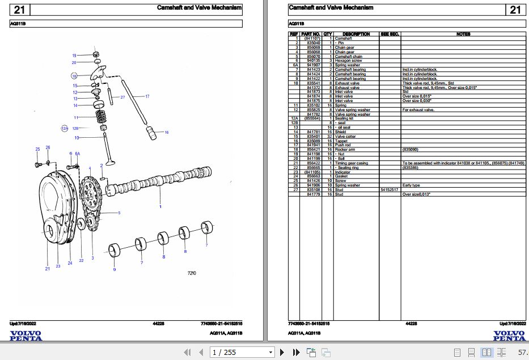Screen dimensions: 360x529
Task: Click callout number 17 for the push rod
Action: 147,96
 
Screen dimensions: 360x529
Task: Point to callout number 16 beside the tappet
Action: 167,133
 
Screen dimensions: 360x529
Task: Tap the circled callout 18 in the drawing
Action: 74,75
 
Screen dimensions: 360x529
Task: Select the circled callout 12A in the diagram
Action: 65,129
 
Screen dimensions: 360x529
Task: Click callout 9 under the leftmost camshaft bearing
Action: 114,269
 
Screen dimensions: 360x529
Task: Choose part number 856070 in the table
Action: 314,57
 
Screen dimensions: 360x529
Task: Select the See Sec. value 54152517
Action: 389,190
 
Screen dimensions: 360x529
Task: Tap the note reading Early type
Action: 411,185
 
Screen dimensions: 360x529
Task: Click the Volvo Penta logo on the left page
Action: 26,336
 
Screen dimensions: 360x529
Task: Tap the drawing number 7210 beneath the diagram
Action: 192,273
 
